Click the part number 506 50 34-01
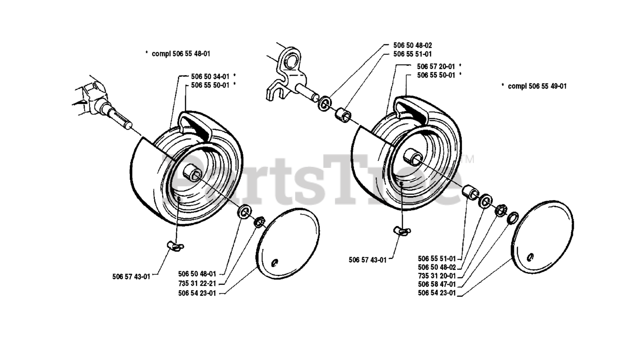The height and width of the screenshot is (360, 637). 210,76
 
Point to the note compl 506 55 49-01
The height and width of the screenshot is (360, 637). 537,86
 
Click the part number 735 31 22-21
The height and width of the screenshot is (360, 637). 197,283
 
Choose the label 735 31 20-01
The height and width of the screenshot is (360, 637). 437,275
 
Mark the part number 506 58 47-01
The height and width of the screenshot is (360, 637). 437,284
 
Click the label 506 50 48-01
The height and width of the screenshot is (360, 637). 197,274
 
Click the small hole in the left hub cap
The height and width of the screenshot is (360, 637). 275,262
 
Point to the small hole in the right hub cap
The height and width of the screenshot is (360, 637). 531,256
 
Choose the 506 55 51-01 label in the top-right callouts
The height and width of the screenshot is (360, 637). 412,54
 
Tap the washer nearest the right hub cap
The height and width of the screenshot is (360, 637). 513,217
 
